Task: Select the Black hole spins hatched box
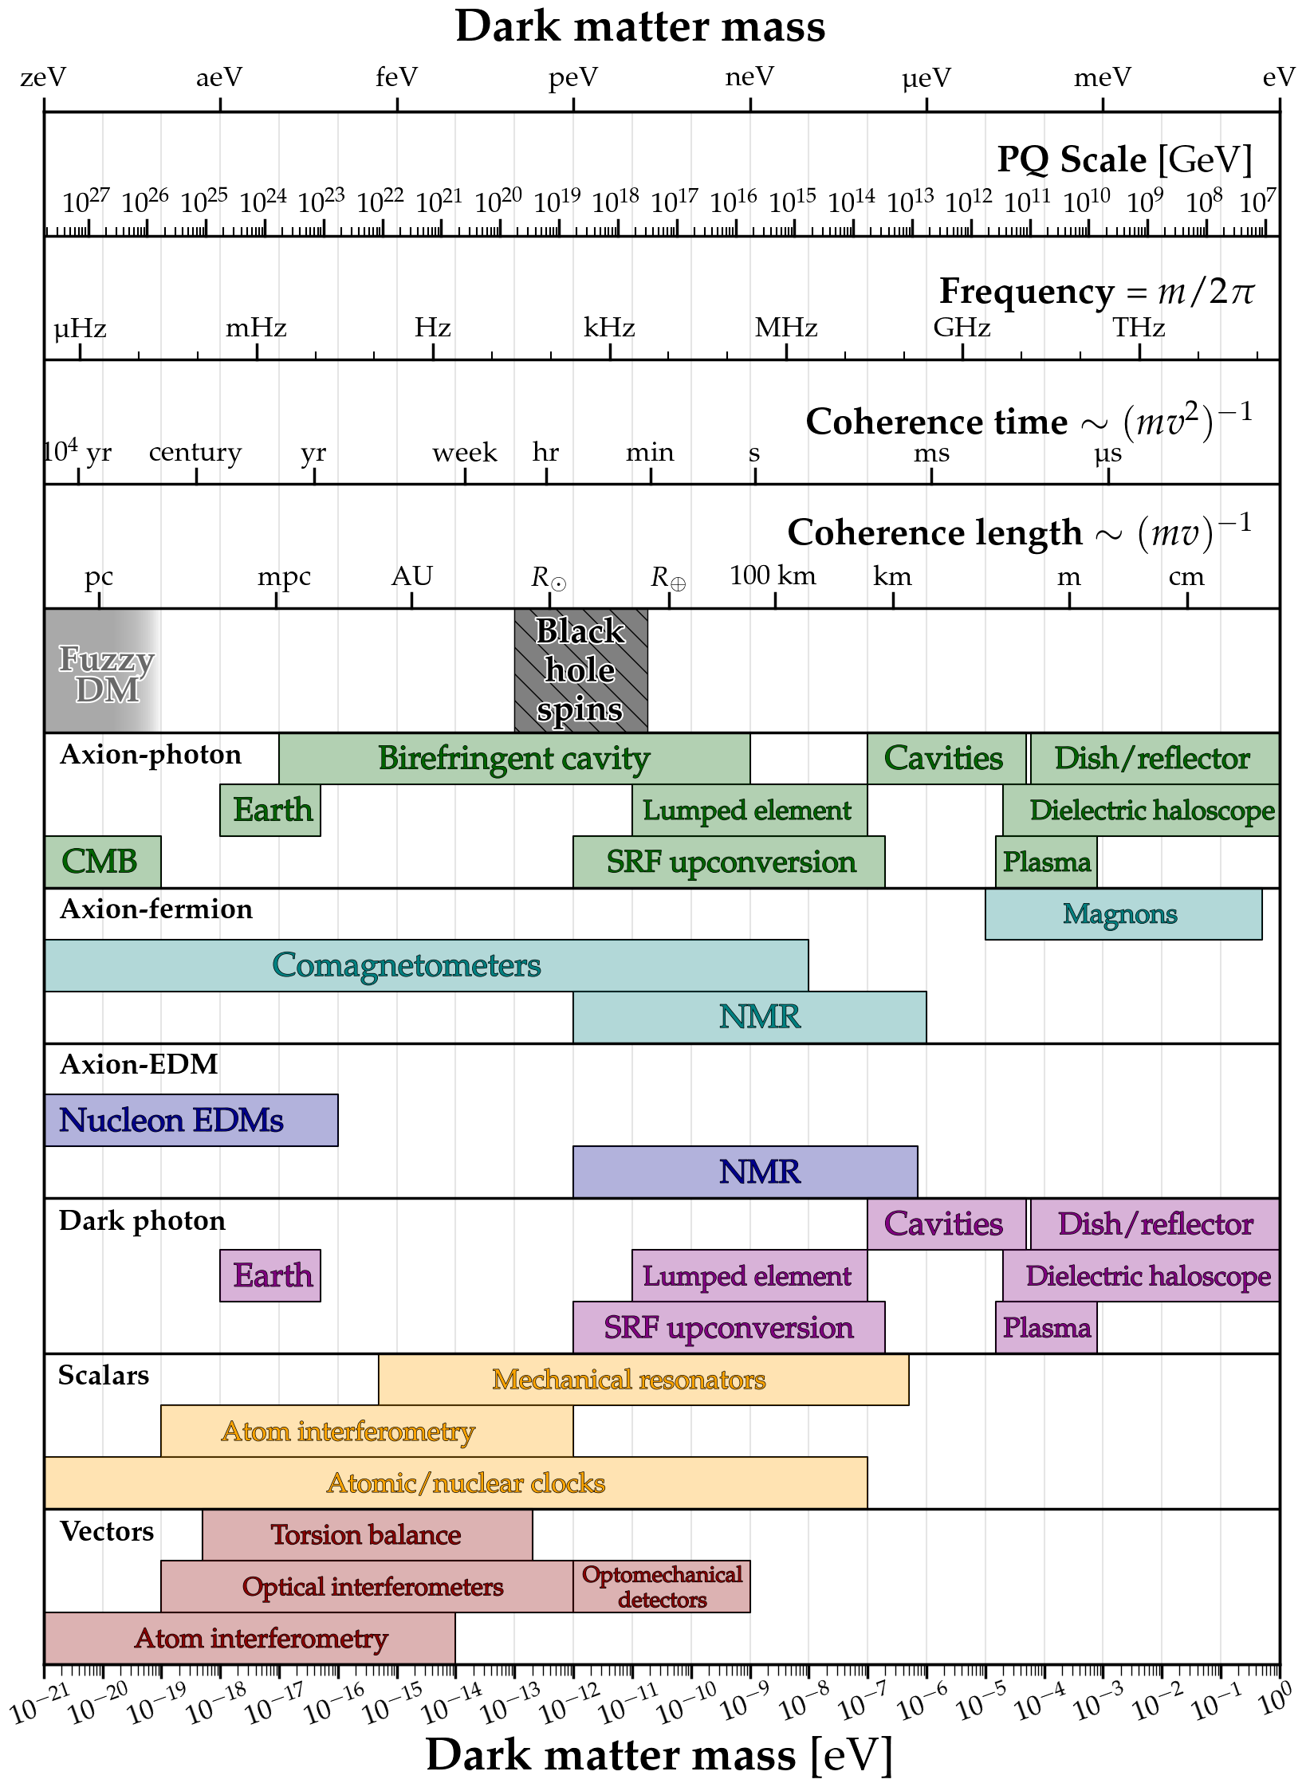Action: click(580, 670)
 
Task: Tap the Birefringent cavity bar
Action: click(513, 758)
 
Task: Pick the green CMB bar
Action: click(102, 862)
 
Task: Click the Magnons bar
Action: click(1123, 914)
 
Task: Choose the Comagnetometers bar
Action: click(426, 965)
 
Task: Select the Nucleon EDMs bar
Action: click(191, 1120)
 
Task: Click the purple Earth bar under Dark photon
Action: click(270, 1275)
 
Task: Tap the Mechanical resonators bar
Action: click(643, 1379)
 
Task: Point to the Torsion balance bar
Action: click(367, 1534)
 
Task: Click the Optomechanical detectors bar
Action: click(662, 1586)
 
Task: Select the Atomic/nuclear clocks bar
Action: click(456, 1483)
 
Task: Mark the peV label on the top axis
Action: click(572, 77)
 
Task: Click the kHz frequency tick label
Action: click(609, 328)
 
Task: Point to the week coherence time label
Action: click(464, 453)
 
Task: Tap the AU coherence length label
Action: click(411, 575)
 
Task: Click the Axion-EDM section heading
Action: click(139, 1064)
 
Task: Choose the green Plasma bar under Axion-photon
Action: click(1046, 862)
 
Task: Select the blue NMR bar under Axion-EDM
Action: click(745, 1172)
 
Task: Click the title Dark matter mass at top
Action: click(639, 26)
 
